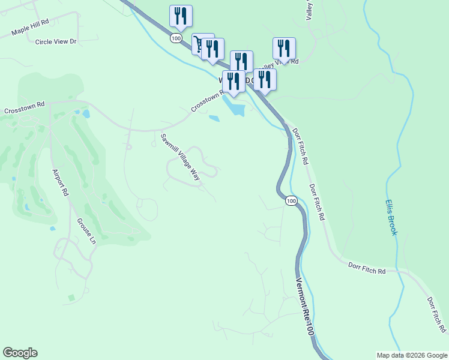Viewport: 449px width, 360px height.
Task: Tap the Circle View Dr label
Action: (56, 41)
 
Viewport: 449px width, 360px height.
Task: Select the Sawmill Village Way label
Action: (179, 157)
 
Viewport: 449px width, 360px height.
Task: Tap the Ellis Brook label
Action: (391, 217)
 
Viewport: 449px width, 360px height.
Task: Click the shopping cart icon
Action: (199, 43)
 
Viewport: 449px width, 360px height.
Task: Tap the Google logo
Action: (20, 353)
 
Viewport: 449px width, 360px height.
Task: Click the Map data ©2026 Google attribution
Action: (411, 355)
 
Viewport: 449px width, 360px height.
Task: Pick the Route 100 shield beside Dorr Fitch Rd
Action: (291, 200)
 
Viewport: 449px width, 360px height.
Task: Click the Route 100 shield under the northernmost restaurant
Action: (175, 38)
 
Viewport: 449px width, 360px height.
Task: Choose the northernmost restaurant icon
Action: (181, 16)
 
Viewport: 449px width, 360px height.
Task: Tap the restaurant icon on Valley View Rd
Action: (284, 48)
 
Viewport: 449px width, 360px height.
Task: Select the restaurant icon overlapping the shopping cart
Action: (212, 49)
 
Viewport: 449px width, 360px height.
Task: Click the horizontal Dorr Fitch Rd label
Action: (366, 268)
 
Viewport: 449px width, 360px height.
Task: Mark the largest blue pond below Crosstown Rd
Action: (235, 109)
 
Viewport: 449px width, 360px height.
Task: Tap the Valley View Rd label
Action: (287, 62)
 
